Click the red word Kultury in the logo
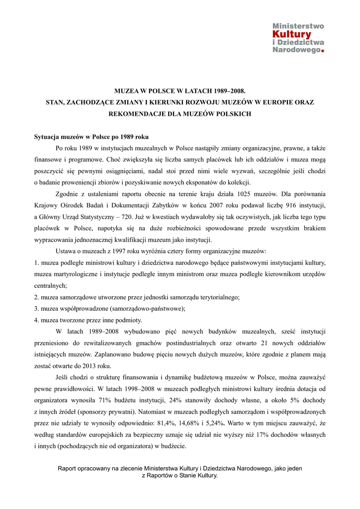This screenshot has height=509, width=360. point(292,34)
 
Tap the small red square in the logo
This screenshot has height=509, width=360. point(323,51)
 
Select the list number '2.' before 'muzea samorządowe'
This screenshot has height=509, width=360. point(37,297)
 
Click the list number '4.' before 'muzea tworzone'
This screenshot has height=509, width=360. point(37,320)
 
